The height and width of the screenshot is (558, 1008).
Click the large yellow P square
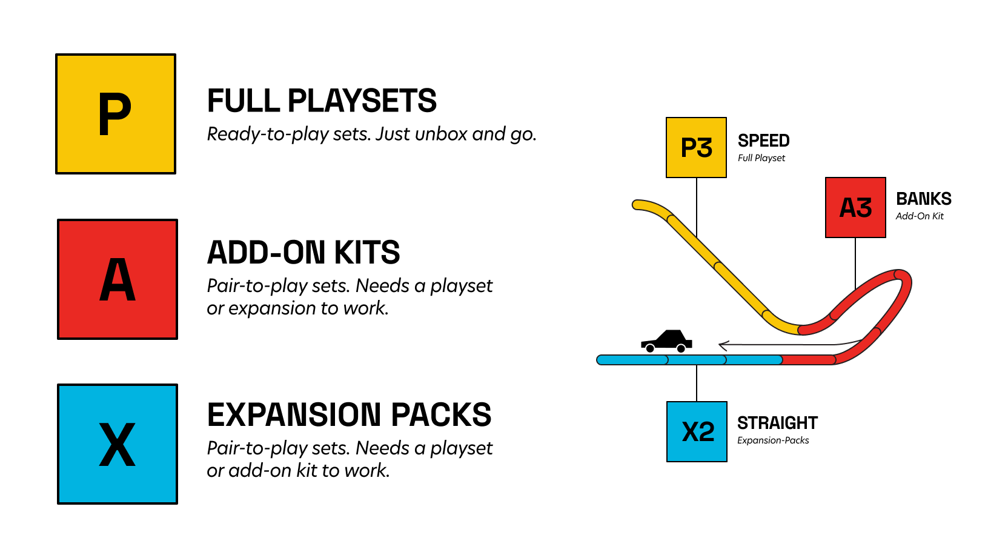point(116,114)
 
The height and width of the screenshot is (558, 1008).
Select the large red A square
point(118,279)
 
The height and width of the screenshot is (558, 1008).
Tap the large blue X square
point(118,444)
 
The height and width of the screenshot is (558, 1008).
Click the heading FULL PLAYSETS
point(322,101)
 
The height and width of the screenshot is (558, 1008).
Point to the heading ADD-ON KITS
point(303,253)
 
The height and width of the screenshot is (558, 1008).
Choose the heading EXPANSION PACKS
point(349,415)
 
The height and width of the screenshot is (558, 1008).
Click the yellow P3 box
point(696,148)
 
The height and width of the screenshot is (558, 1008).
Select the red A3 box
point(855,208)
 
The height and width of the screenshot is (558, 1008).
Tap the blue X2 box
point(697,431)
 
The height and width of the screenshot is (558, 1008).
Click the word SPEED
point(763,141)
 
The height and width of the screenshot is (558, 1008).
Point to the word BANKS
point(923,199)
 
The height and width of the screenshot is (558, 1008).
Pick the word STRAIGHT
point(777,423)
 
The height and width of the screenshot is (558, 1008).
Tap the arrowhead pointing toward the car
point(722,345)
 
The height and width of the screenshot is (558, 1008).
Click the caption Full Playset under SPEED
point(761,158)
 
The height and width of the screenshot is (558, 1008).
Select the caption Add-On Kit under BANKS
point(920,216)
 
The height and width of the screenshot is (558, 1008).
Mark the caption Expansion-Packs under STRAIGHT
point(773,440)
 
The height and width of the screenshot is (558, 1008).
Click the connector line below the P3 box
point(697,206)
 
